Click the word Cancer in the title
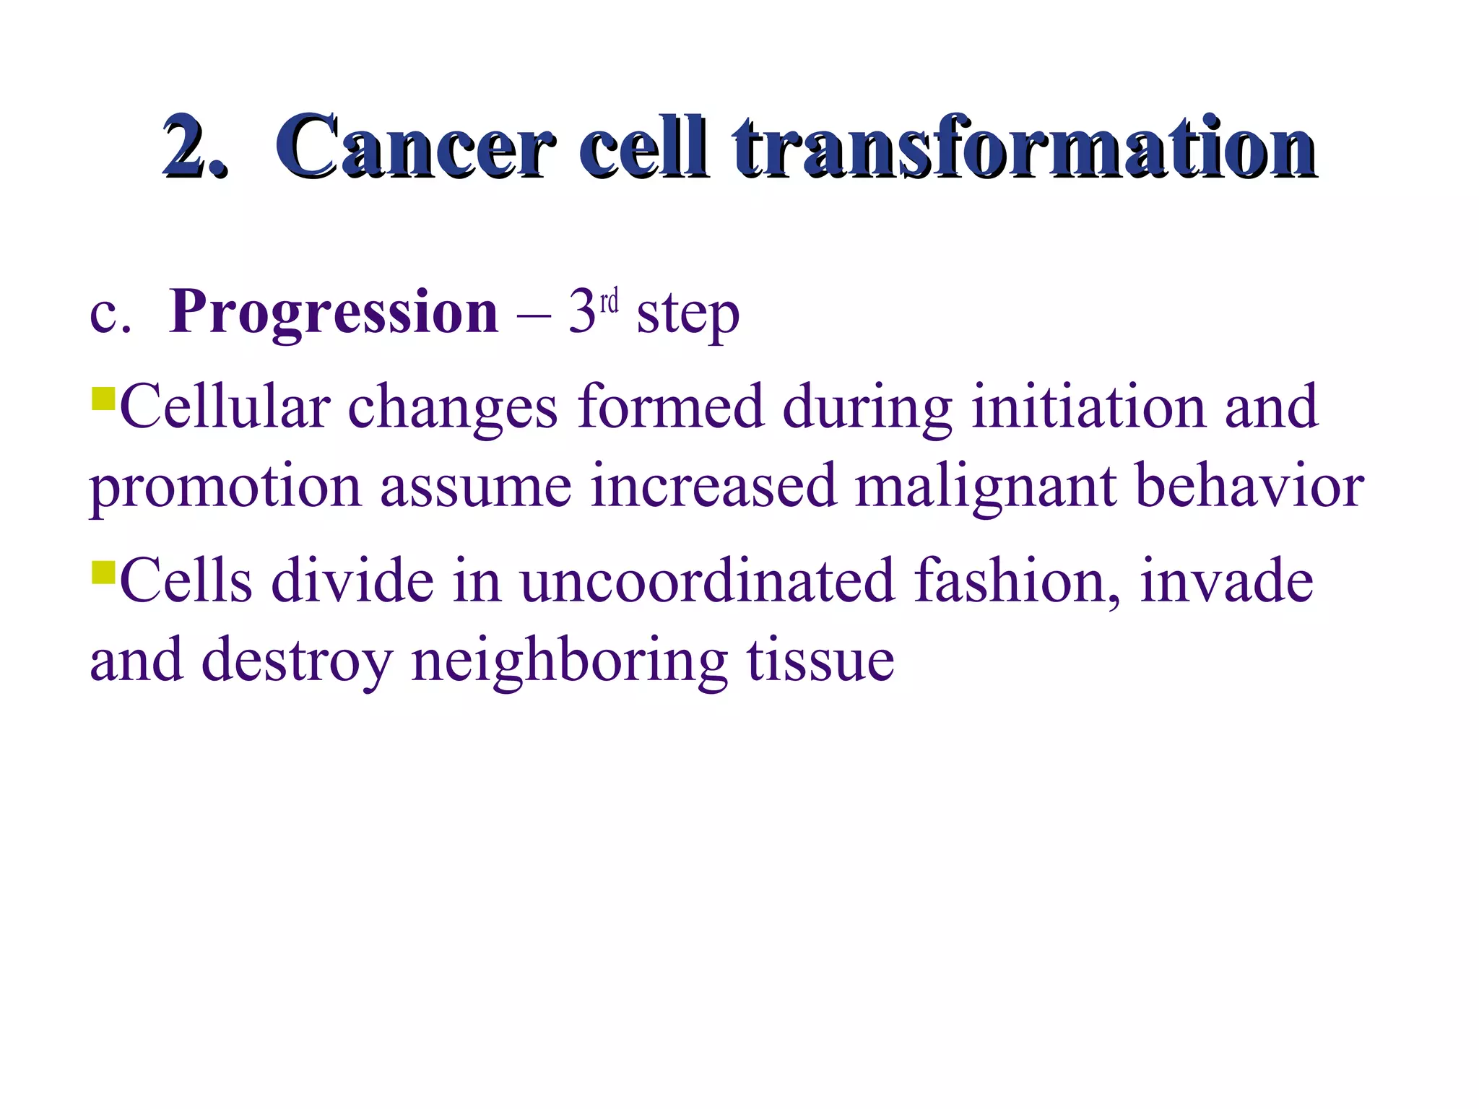click(x=415, y=147)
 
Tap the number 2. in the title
click(x=194, y=147)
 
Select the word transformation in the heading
click(x=1024, y=147)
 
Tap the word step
click(x=688, y=315)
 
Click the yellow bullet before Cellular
click(x=104, y=399)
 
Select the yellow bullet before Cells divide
click(x=104, y=573)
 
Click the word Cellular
click(x=225, y=407)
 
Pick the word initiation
click(x=1088, y=407)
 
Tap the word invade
click(x=1226, y=581)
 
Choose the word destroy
click(x=297, y=661)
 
